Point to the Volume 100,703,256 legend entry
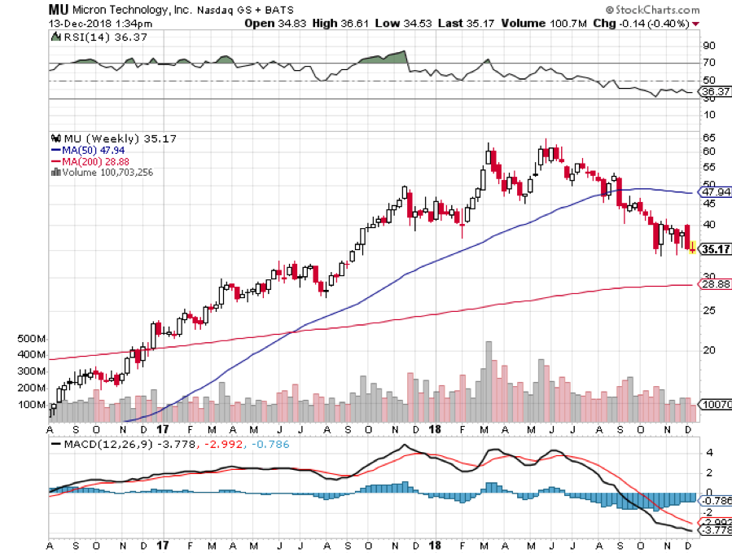click(106, 172)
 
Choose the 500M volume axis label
click(30, 338)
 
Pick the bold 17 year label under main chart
click(162, 429)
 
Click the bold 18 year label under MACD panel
click(436, 544)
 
